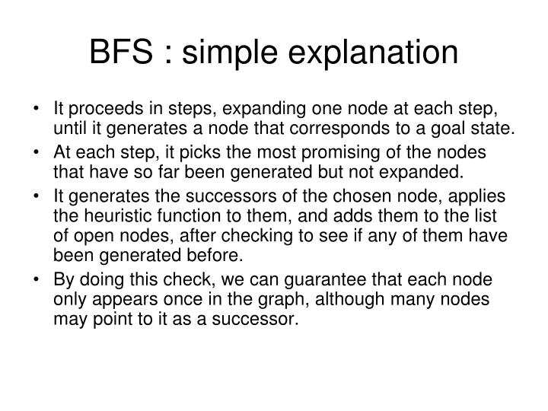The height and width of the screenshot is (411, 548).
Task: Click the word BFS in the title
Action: (x=122, y=53)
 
